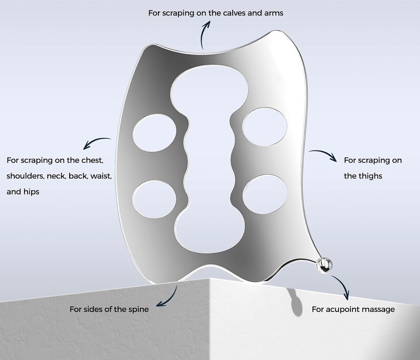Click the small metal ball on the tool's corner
[x=324, y=265]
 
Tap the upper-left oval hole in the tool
[x=154, y=133]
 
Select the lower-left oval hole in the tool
[x=154, y=199]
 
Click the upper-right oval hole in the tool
[x=265, y=127]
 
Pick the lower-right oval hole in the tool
[x=265, y=194]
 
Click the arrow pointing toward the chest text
[x=96, y=141]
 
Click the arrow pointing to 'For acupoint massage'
[x=343, y=286]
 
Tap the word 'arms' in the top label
[x=274, y=13]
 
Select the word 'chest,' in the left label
[x=92, y=160]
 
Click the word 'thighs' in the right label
[x=370, y=176]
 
